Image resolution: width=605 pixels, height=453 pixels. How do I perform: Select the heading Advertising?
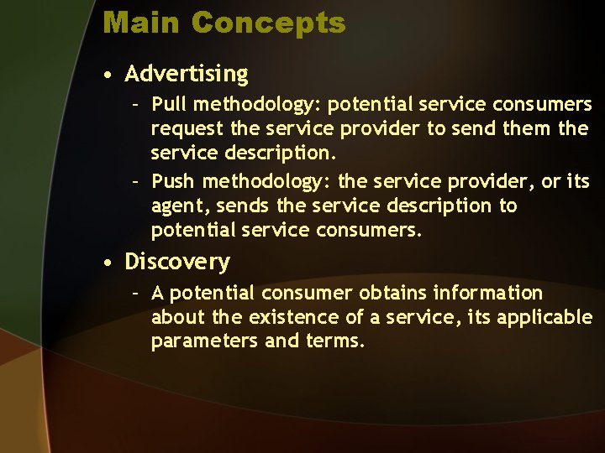point(187,74)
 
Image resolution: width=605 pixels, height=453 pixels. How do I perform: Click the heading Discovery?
point(176,263)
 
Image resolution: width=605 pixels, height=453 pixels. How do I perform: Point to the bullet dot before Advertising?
point(109,75)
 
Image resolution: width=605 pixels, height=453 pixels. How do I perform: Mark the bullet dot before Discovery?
point(109,263)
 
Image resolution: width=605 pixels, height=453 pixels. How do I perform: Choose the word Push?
point(173,181)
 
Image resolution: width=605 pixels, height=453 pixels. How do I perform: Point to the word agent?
point(177,206)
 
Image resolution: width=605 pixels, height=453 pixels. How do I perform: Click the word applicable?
point(544,318)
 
